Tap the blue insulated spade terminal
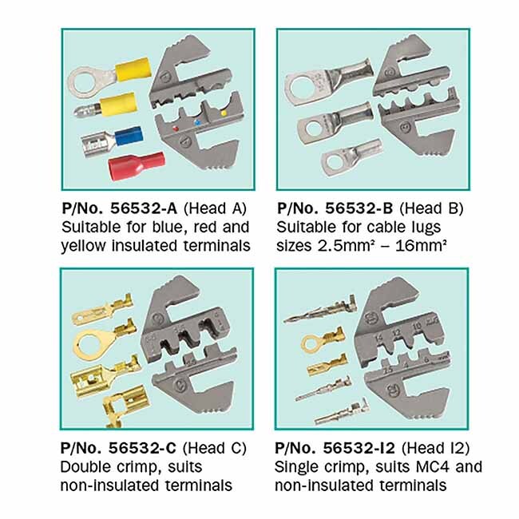[x=113, y=141]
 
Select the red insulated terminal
[x=137, y=166]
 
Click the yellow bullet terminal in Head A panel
[x=105, y=105]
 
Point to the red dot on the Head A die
[x=176, y=128]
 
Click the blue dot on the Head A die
[x=197, y=123]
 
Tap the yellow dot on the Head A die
[x=224, y=113]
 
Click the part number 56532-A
[x=143, y=208]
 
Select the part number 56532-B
[x=359, y=208]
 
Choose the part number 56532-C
[x=142, y=448]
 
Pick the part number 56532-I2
[x=359, y=448]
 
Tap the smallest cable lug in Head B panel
[x=351, y=157]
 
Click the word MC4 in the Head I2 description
[x=431, y=467]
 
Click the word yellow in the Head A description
[x=83, y=247]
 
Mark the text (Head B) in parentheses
[x=431, y=208]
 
